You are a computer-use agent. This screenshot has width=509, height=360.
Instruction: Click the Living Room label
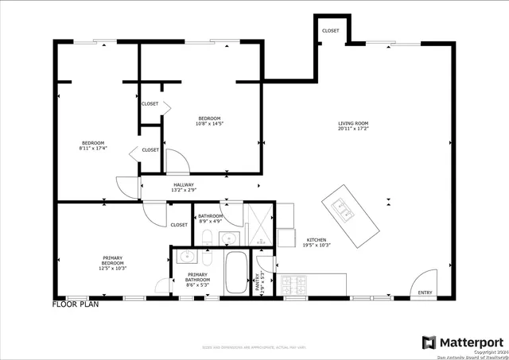[353, 123]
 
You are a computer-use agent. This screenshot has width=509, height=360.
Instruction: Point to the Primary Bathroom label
[197, 276]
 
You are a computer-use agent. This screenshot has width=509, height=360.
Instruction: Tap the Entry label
[425, 293]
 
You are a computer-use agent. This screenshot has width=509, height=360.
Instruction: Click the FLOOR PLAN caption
[75, 304]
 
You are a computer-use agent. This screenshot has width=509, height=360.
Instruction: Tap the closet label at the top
[330, 31]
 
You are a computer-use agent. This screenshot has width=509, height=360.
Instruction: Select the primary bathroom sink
[188, 256]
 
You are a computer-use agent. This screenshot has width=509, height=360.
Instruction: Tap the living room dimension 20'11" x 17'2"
[353, 128]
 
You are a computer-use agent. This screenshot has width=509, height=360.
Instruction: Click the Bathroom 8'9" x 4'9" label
[210, 219]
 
